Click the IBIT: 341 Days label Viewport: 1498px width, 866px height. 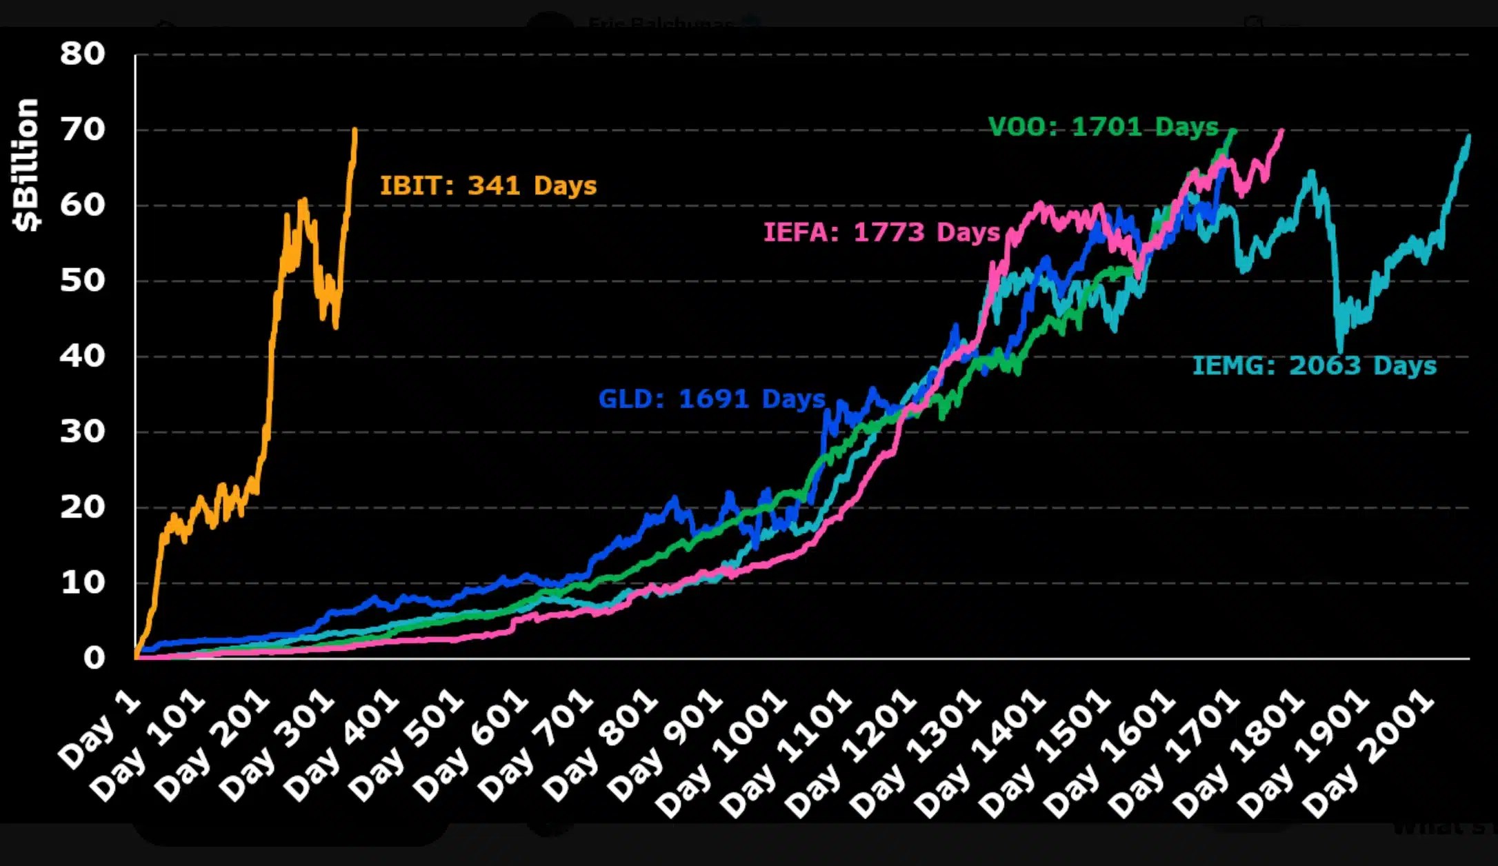(x=488, y=185)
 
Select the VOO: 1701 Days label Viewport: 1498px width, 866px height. (x=1103, y=127)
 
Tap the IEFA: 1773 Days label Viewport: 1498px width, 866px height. (x=881, y=232)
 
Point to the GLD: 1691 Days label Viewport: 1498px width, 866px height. (x=711, y=399)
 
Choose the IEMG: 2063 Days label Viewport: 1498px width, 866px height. (x=1314, y=365)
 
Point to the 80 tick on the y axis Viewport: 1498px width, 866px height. (x=82, y=54)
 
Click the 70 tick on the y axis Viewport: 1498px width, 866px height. (x=82, y=130)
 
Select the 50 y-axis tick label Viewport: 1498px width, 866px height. (x=82, y=281)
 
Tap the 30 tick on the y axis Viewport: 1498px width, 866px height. (x=82, y=432)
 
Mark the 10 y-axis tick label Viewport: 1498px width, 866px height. (x=82, y=583)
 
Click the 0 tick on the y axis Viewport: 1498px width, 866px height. (x=94, y=658)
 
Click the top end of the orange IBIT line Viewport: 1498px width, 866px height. (x=354, y=129)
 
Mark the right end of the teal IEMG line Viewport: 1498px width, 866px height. (x=1468, y=137)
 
